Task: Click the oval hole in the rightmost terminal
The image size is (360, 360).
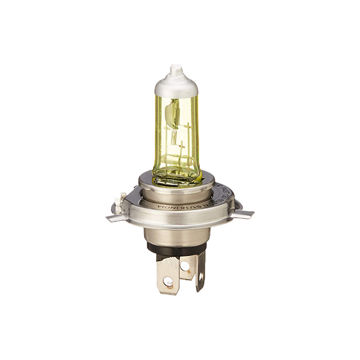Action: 200,277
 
